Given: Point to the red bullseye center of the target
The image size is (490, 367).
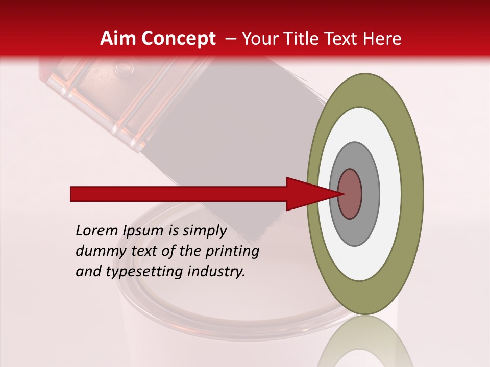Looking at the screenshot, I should [x=350, y=194].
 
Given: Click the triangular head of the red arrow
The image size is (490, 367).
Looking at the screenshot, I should [x=306, y=194].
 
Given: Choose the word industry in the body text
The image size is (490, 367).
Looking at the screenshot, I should [x=216, y=272].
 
